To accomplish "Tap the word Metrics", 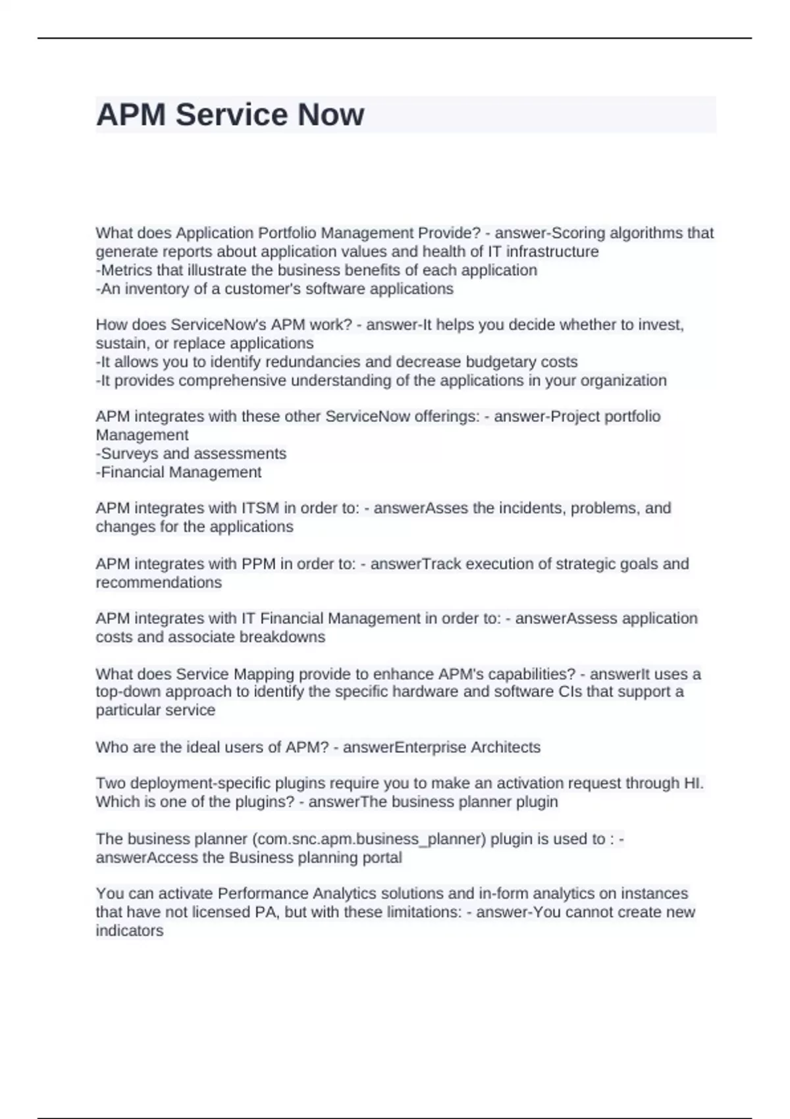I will click(x=126, y=270).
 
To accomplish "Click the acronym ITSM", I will click(x=260, y=508).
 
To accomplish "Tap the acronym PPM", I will click(x=259, y=564).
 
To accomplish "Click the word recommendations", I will click(x=159, y=583).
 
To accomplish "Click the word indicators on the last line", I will click(x=130, y=931).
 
